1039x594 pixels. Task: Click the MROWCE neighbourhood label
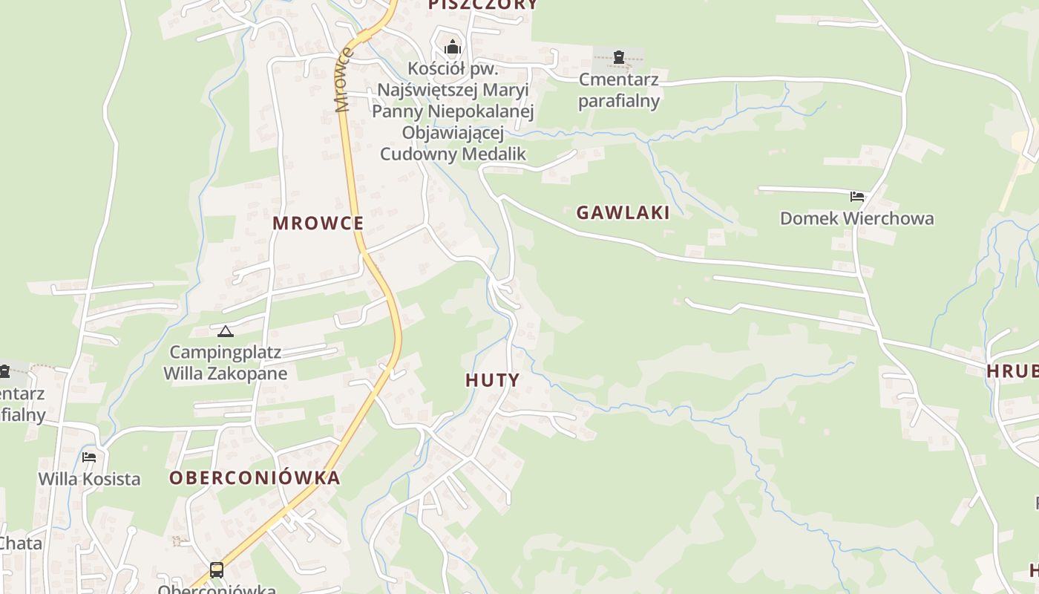318,223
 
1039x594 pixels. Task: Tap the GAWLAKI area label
623,213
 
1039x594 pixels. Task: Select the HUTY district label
492,380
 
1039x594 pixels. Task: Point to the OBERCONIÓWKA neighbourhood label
255,478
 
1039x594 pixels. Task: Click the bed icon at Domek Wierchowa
857,197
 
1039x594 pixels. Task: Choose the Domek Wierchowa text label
856,218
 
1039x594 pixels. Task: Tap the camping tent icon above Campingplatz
225,331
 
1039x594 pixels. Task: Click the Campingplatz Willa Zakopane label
225,362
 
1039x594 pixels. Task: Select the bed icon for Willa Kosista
89,457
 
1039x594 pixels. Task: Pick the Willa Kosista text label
89,479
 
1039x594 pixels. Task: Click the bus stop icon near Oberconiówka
216,570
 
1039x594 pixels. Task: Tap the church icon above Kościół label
453,48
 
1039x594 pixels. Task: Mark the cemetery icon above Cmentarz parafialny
618,56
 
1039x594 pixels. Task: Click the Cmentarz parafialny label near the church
618,90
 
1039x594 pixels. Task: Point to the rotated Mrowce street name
343,80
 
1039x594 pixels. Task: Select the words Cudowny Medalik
453,154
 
